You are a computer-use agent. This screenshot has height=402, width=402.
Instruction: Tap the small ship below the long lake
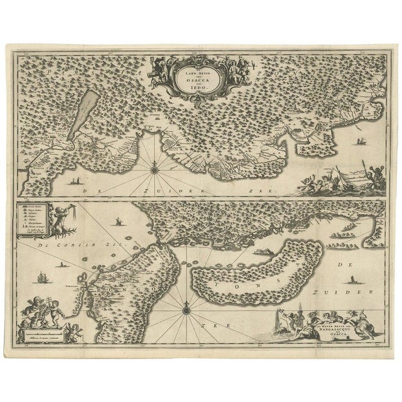click(77, 182)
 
